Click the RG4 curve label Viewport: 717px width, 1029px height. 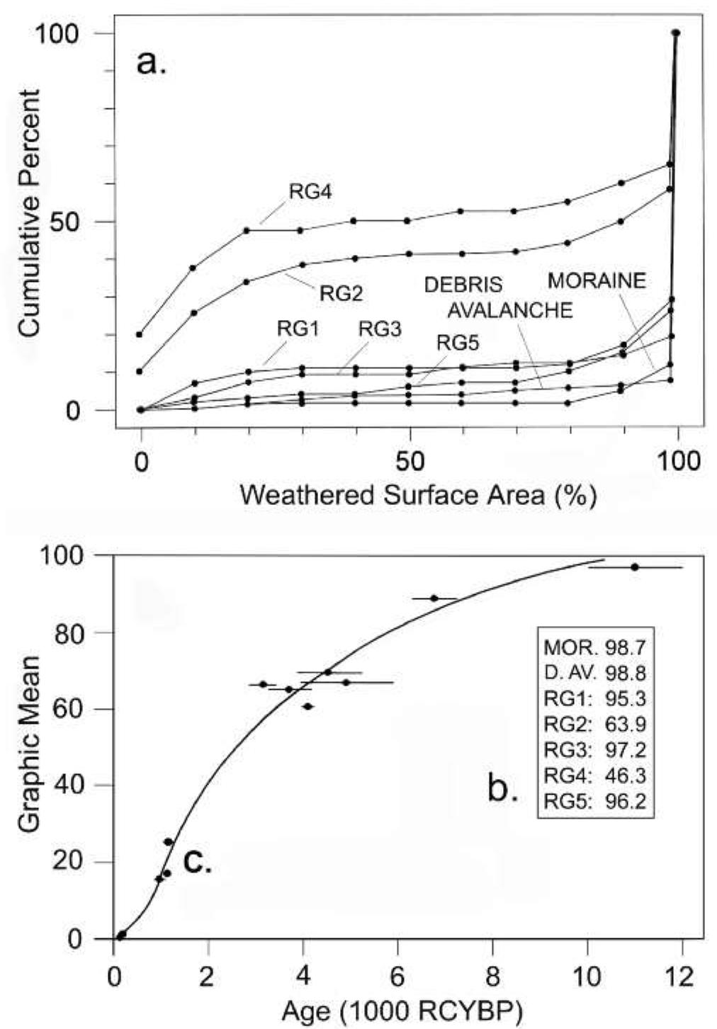311,192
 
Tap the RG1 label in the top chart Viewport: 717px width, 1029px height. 298,329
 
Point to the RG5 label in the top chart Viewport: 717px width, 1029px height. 458,343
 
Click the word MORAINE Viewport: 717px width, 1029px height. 596,281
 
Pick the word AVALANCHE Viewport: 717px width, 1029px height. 510,310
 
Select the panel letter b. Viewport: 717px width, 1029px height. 503,788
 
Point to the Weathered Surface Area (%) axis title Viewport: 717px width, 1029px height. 417,495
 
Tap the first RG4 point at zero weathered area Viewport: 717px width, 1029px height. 140,334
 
